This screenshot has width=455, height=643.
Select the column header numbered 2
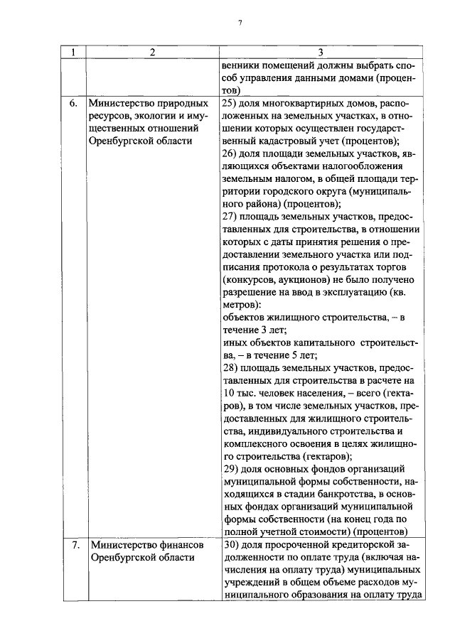[152, 53]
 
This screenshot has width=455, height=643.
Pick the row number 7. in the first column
[73, 545]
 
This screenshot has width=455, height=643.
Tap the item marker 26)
[230, 153]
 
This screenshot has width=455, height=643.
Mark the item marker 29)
[230, 469]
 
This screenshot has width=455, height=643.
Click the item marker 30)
[230, 545]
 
